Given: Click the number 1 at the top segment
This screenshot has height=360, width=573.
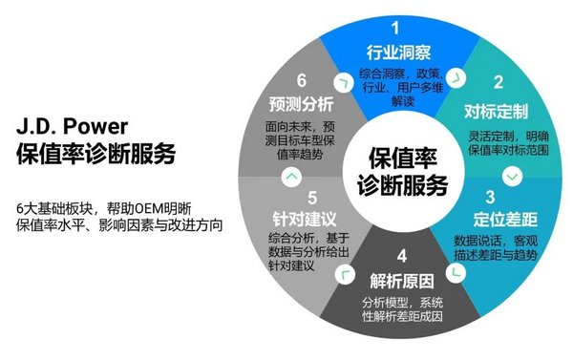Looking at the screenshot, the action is coord(395,28).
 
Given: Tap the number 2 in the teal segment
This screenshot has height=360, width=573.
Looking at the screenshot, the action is coord(499,82).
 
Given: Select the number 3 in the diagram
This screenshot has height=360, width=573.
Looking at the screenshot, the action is coord(490,197).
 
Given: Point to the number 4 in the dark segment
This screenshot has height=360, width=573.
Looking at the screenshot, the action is coord(402,256).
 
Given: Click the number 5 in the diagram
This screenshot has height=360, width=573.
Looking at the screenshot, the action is coord(312,198).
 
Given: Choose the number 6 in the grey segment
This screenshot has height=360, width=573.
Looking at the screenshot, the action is coord(302,80).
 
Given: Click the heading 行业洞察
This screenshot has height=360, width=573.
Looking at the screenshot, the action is coord(398,53).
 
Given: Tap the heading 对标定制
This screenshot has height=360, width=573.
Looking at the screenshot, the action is coord(497,111).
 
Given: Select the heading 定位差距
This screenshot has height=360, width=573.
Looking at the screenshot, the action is coord(505,220).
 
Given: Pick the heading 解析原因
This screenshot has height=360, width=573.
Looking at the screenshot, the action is coord(402,281).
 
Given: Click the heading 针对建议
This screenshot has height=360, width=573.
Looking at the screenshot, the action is coord(305,220).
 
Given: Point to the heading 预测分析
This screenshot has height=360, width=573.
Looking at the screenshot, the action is coord(301,104).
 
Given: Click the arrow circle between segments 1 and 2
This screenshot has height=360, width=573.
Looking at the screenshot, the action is coord(456,78).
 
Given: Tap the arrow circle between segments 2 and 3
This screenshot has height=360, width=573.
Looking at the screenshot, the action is coord(512,177).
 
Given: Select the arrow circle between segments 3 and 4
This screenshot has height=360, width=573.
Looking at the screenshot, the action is coord(456,272).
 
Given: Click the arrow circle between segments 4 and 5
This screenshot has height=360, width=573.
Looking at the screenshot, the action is coord(345,274).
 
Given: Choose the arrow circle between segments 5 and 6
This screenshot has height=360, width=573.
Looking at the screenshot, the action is coord(291,177).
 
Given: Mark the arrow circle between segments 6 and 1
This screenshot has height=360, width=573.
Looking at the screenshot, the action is coord(344,82).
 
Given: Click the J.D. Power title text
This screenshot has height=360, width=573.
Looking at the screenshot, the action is coord(72,126).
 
